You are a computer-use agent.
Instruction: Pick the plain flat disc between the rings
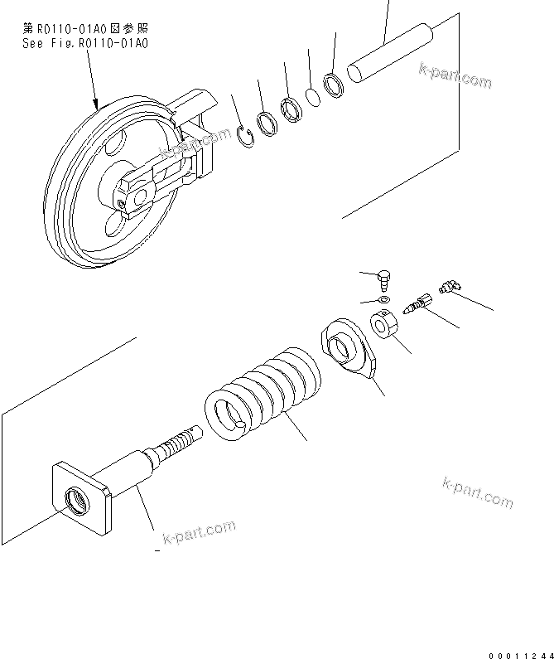click(313, 98)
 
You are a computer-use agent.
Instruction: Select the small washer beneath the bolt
click(383, 298)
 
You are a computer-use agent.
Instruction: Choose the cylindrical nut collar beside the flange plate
click(383, 322)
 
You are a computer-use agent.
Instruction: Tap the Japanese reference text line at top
click(86, 28)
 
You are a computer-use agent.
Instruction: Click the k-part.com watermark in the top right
click(455, 75)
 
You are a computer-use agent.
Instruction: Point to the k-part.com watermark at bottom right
click(478, 493)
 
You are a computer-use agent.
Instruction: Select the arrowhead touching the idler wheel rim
click(99, 104)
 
